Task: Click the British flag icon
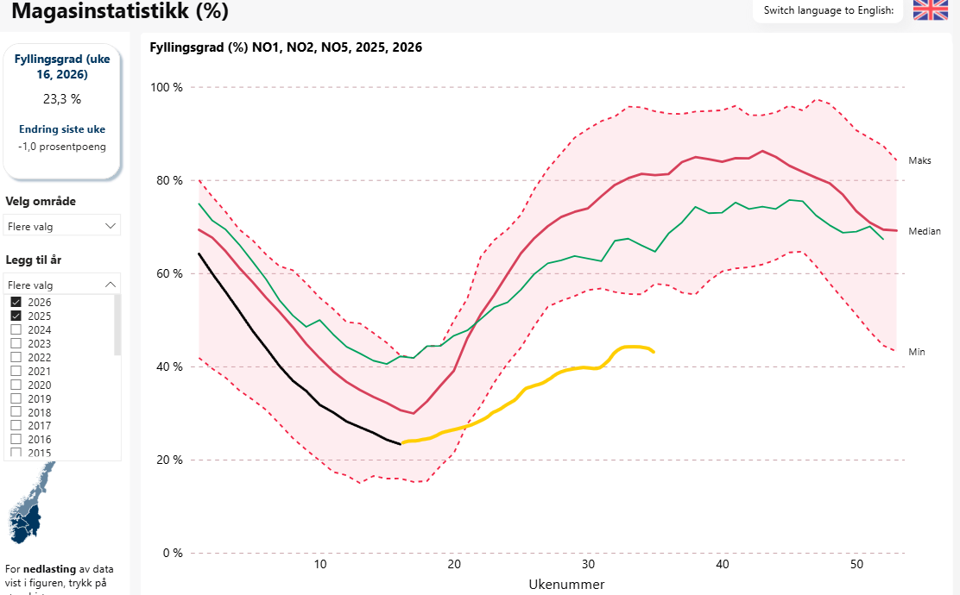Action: (931, 10)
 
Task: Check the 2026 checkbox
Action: (16, 302)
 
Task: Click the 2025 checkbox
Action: (16, 316)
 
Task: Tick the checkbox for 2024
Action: (16, 329)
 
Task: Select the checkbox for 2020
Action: (16, 385)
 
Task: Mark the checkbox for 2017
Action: (16, 426)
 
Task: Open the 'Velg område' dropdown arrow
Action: (110, 225)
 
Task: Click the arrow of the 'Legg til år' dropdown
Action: (110, 284)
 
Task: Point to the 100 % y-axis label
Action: (167, 87)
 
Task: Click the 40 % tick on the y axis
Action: (167, 366)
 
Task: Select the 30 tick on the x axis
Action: (588, 564)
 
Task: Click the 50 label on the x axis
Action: (856, 564)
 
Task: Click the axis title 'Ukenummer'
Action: (566, 584)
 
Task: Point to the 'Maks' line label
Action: (919, 160)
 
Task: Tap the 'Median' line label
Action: (924, 231)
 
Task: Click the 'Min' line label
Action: (917, 352)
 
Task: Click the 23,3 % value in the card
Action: (62, 99)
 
